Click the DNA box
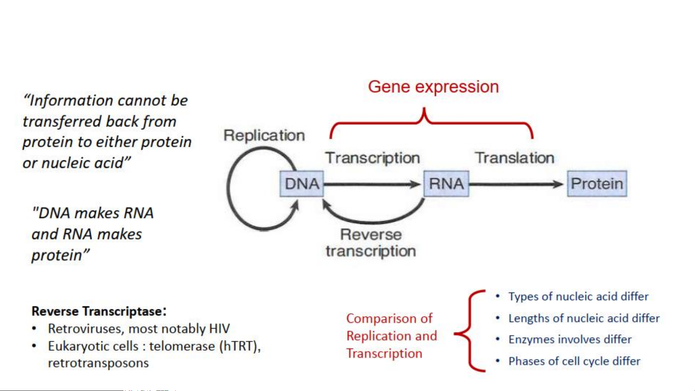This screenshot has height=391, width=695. (301, 184)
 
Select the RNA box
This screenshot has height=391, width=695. (446, 184)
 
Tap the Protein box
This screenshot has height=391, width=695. (597, 184)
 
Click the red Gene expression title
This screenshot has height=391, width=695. (433, 87)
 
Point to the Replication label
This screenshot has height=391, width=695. (264, 136)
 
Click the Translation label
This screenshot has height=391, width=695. (514, 158)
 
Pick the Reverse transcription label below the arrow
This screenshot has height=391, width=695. (371, 243)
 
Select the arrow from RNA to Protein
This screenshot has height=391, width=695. (516, 184)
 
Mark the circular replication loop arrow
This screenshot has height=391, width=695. (232, 188)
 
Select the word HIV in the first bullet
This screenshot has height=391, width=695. (219, 328)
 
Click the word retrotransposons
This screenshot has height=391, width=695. (98, 363)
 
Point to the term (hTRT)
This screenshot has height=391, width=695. (240, 346)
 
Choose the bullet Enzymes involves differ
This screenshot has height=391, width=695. (569, 339)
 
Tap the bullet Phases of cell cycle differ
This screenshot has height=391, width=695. (574, 361)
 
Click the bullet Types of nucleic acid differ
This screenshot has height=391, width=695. (578, 297)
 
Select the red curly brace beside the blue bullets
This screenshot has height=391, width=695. (470, 331)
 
